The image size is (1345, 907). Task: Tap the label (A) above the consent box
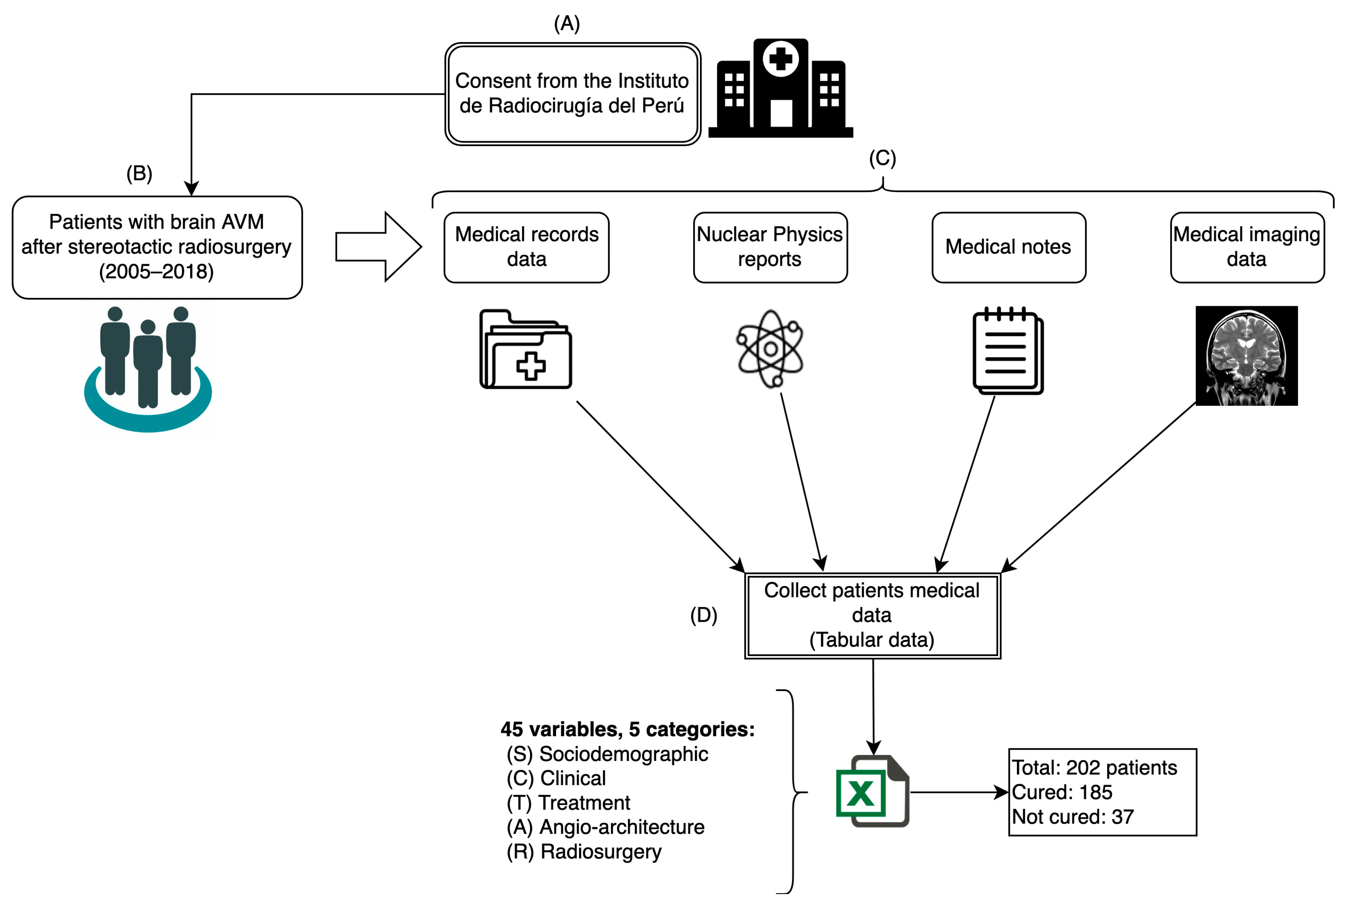click(x=566, y=24)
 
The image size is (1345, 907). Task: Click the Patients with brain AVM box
click(x=157, y=247)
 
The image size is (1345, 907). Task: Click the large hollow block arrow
click(x=378, y=247)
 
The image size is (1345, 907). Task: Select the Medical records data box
click(x=526, y=247)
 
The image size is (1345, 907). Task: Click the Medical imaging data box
click(x=1246, y=247)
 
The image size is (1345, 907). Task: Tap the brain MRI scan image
click(x=1246, y=355)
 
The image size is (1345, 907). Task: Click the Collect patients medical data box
click(x=872, y=615)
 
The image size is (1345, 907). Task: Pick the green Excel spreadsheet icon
click(x=872, y=791)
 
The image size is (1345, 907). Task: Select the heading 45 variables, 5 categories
click(x=627, y=729)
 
